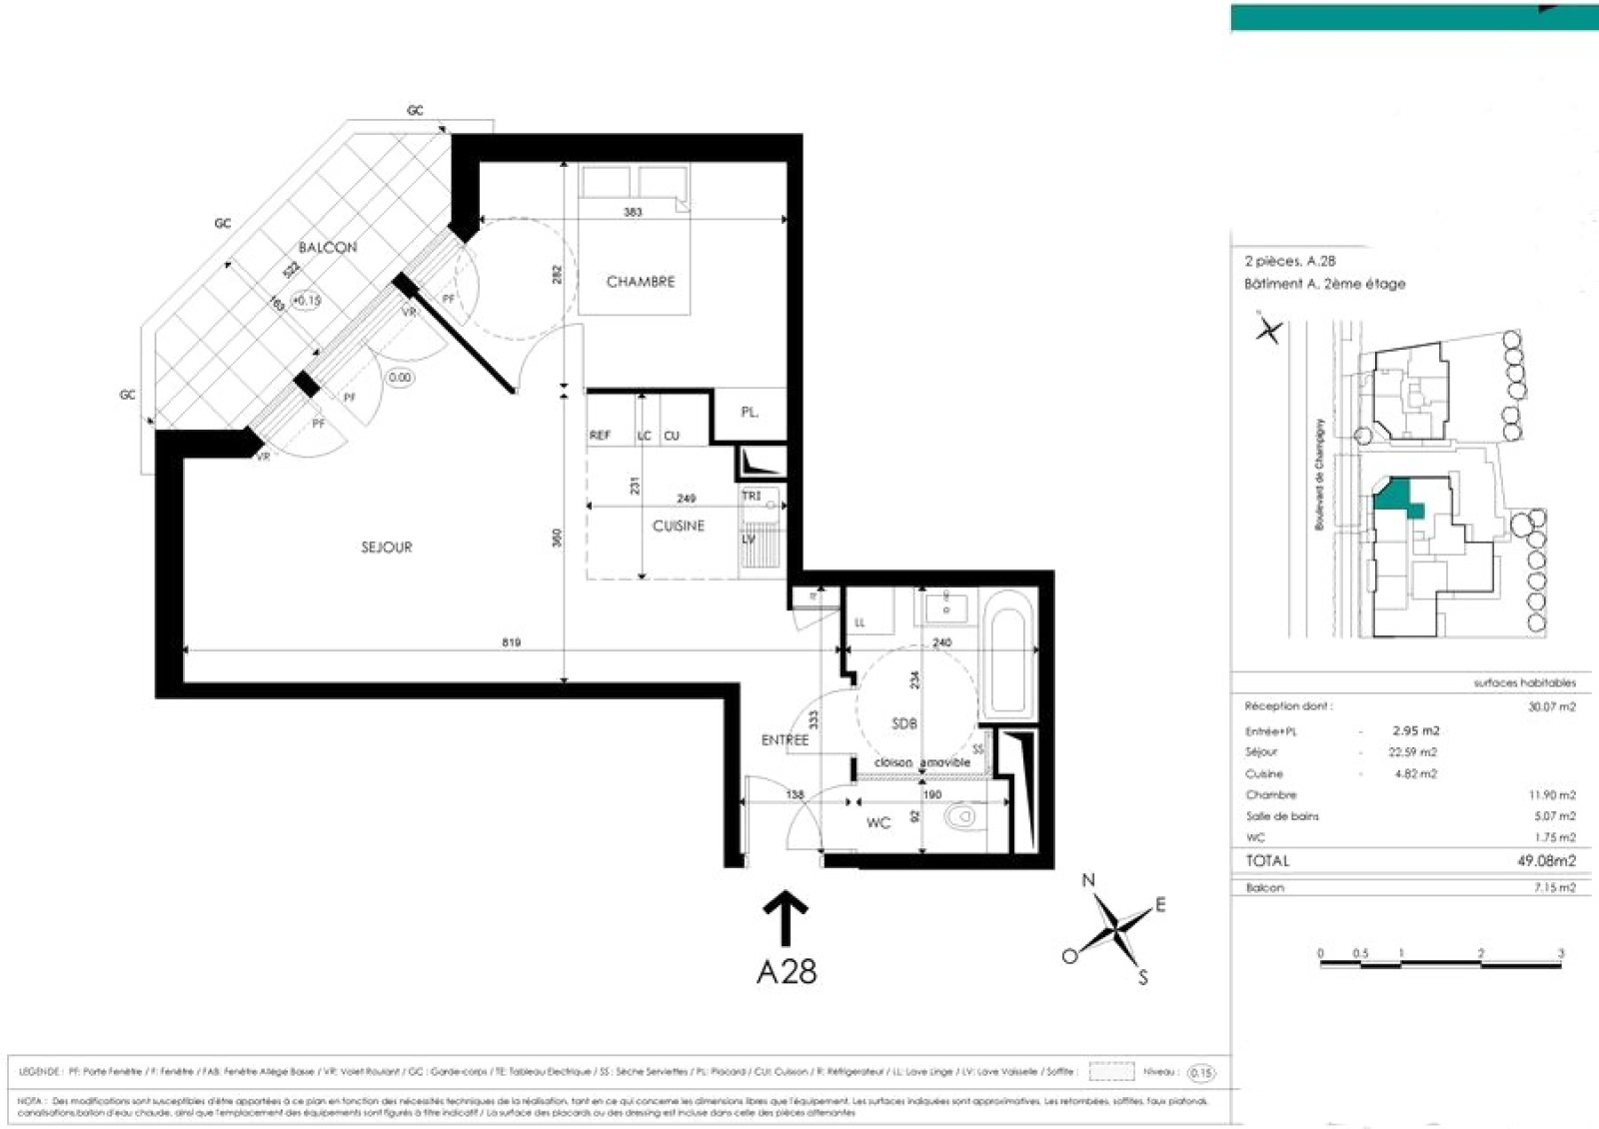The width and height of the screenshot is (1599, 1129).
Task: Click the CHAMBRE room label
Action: pos(641,282)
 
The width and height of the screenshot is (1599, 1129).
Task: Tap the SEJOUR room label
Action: pos(387,548)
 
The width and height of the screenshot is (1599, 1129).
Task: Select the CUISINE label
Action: pos(679,526)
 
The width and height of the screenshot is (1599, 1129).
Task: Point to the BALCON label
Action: pos(328,247)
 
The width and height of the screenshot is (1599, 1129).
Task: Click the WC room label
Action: pos(878,823)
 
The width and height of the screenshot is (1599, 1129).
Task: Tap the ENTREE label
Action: pos(785,740)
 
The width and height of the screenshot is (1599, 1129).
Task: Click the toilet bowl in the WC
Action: pos(960,818)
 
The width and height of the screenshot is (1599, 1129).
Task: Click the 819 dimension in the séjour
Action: pos(511,642)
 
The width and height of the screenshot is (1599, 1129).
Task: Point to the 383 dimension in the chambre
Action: pos(633,212)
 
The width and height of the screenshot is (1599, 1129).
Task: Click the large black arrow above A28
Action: pos(786,917)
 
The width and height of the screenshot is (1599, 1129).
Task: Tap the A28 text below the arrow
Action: pos(787,971)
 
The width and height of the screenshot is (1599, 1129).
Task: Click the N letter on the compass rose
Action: pos(1088,880)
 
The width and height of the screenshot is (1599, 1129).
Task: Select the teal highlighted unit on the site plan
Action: pos(1396,497)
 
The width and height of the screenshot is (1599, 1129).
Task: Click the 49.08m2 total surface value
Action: pos(1546,860)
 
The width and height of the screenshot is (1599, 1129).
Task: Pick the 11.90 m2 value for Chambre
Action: pos(1551,795)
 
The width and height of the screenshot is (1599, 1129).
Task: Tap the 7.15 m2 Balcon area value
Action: pos(1554,887)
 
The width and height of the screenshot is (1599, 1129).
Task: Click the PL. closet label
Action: pos(750,412)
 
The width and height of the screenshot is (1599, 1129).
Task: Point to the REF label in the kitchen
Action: pos(600,436)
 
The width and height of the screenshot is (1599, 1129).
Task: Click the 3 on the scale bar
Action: pos(1560,953)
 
